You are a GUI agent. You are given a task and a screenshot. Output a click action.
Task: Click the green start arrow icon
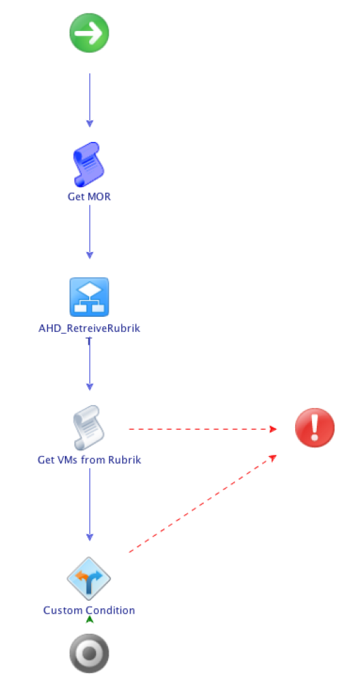coord(89,33)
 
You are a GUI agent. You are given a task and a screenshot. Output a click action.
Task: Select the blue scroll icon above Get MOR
coord(88,164)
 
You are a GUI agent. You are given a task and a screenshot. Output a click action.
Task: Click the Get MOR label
coord(89,197)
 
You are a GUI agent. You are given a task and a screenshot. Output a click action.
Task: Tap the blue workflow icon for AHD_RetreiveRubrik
coord(89,297)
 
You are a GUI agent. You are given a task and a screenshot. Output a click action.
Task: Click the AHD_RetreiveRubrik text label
coord(89,329)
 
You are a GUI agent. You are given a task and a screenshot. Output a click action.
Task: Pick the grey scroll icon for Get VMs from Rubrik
coord(88,428)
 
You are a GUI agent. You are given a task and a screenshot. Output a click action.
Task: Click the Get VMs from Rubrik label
coord(89,460)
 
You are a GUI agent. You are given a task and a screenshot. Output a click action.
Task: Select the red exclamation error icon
coord(315,428)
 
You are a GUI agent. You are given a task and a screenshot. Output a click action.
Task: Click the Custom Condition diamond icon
coord(89,578)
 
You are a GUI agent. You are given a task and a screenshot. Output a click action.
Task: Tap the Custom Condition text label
coord(89,610)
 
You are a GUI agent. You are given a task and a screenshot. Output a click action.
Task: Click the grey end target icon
coord(89,653)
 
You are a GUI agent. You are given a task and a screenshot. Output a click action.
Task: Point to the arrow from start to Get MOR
coord(89,98)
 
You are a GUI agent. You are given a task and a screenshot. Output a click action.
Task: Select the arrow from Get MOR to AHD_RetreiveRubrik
coord(89,230)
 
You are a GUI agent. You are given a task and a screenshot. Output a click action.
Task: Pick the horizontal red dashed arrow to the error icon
coord(203,428)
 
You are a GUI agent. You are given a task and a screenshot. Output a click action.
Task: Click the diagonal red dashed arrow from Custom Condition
coord(203,503)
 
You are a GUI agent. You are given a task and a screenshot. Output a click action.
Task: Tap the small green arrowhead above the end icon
coord(89,619)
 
